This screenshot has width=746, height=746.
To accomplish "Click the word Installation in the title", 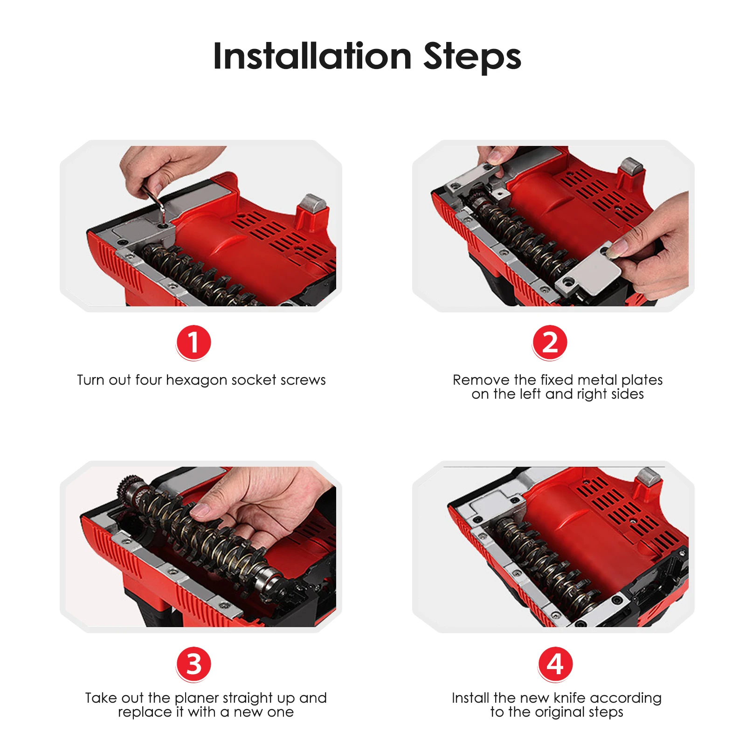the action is pyautogui.click(x=312, y=56).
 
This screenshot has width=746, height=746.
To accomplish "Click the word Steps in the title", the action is pyautogui.click(x=472, y=58).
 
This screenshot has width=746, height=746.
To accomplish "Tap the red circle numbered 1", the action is pyautogui.click(x=193, y=343).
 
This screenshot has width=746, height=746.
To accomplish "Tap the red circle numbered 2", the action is pyautogui.click(x=550, y=343).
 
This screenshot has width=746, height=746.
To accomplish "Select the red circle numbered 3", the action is pyautogui.click(x=193, y=664).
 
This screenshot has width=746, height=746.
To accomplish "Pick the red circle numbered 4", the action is pyautogui.click(x=555, y=664).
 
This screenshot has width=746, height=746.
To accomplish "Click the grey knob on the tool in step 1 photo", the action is pyautogui.click(x=312, y=203).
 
